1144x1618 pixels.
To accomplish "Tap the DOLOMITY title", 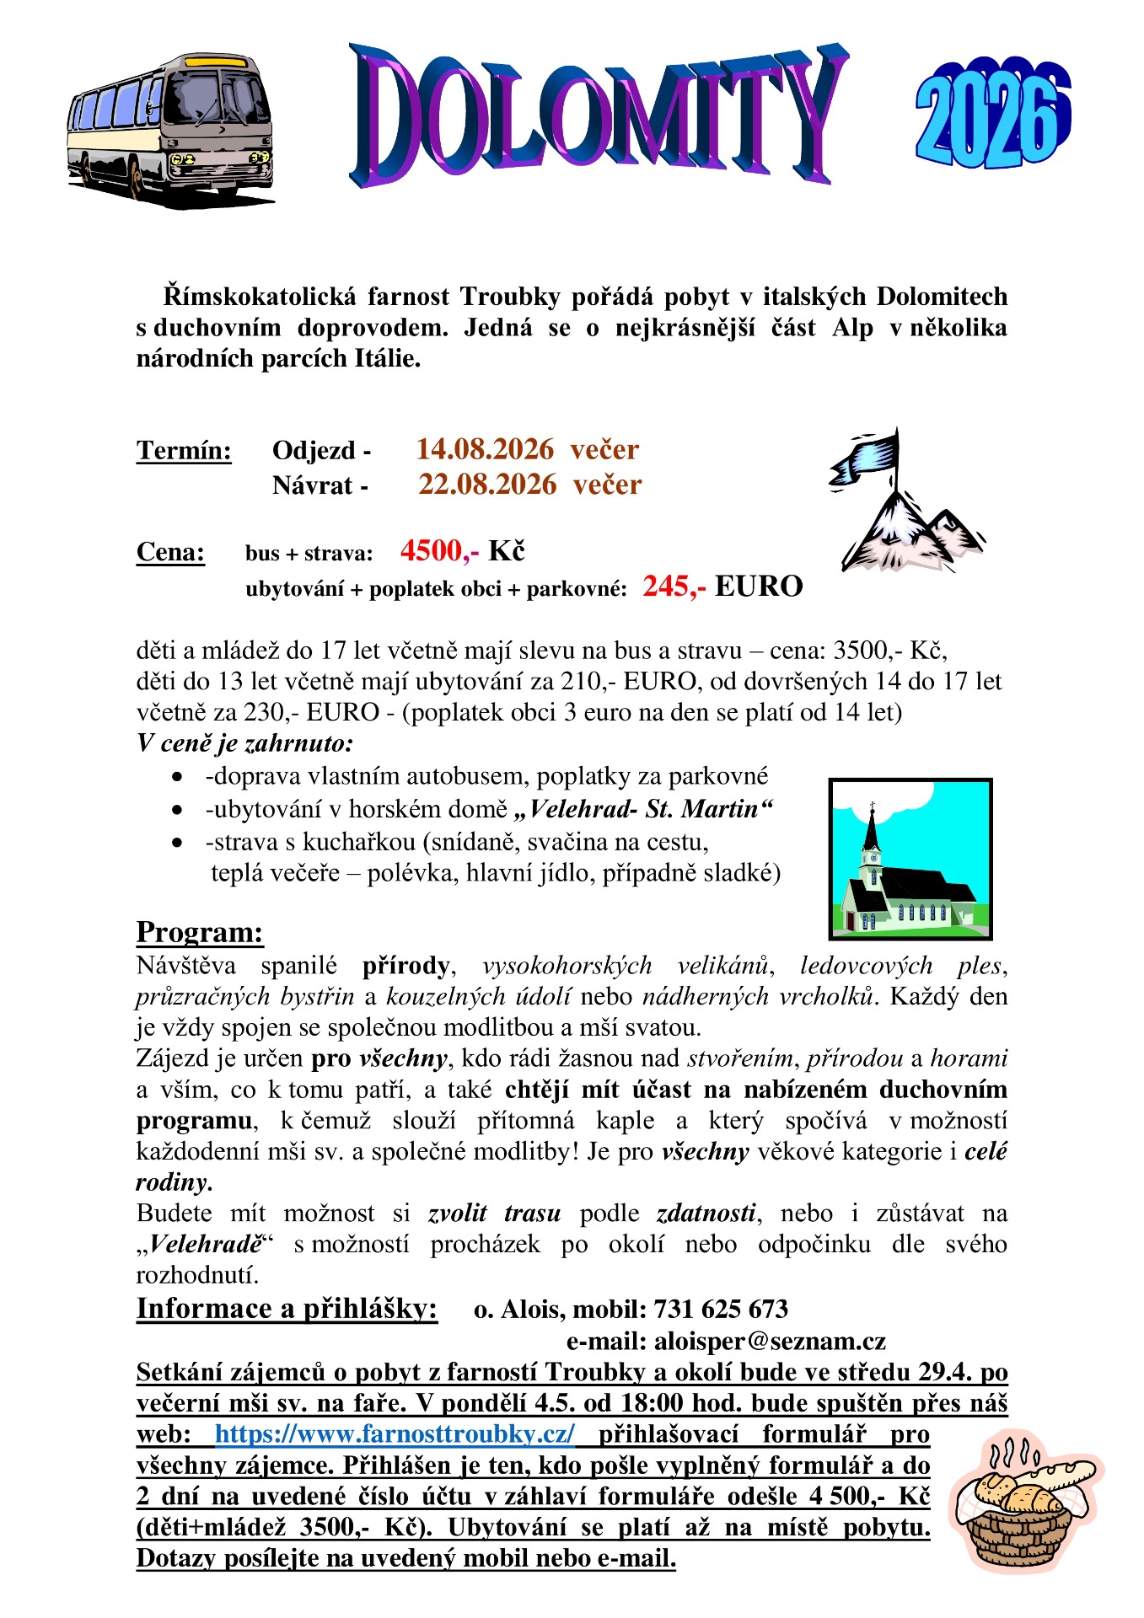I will (x=599, y=114).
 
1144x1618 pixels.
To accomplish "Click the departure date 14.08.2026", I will (x=485, y=449).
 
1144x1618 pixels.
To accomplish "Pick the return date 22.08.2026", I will (x=487, y=485).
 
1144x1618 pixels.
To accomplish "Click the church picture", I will (x=910, y=859).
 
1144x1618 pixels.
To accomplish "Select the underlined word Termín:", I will (x=184, y=451).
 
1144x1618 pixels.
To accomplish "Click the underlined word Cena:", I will (x=170, y=553).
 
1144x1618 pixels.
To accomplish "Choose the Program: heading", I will (x=200, y=933).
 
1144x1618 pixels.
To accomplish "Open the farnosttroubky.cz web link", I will (x=395, y=1434).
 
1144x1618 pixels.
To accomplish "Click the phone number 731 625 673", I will (x=721, y=1310).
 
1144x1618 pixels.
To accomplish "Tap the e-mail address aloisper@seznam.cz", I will (x=770, y=1341).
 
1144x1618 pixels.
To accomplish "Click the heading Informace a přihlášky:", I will (x=287, y=1309).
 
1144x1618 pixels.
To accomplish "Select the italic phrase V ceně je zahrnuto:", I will (x=244, y=744).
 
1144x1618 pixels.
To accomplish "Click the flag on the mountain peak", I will (x=864, y=459).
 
